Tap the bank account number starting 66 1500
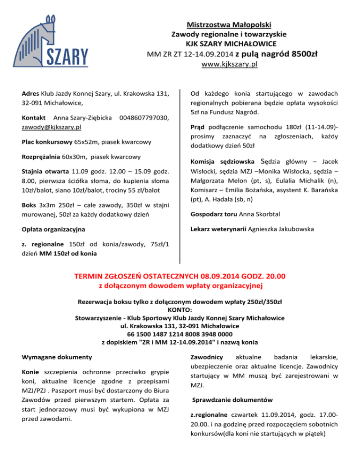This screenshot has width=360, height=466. (180, 334)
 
